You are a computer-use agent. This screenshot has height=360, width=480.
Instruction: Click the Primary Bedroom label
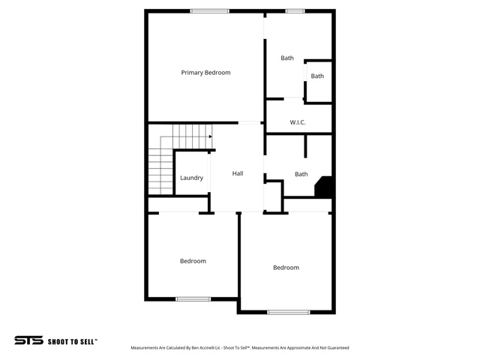(x=205, y=73)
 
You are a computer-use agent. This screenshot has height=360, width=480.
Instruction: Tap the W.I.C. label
(x=298, y=122)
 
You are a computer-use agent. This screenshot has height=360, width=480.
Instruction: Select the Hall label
(x=238, y=173)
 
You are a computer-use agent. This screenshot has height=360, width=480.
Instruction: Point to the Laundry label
(x=192, y=178)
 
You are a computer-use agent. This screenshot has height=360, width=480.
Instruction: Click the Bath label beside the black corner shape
(x=301, y=174)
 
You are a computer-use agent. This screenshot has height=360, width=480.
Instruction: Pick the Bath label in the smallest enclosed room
(x=317, y=76)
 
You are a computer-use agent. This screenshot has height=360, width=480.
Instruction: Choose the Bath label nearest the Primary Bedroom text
(x=287, y=58)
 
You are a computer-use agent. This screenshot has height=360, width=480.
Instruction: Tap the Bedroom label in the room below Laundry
(x=193, y=261)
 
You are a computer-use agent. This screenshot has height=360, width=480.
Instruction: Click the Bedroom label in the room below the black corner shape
(x=286, y=268)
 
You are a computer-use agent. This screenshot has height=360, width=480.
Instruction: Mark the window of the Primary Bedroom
(x=210, y=11)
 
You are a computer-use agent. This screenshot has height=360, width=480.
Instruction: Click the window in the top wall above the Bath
(x=295, y=11)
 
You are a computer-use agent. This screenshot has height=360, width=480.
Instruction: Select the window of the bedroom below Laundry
(x=193, y=299)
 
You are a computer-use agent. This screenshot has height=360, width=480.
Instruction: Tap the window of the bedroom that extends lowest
(x=288, y=312)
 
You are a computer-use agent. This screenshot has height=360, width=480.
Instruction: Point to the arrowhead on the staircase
(x=210, y=136)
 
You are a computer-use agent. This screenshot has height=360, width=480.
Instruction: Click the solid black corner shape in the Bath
(x=325, y=187)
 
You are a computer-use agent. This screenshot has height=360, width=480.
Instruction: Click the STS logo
(x=28, y=340)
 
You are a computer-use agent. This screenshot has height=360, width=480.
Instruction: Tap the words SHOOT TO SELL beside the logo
(x=72, y=342)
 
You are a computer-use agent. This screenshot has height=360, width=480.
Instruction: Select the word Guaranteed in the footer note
(x=338, y=348)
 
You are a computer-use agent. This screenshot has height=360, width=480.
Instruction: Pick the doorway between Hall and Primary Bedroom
(x=250, y=123)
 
